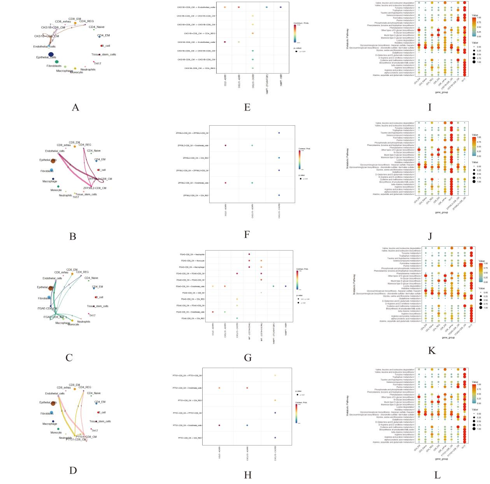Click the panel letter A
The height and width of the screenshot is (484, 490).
[75, 108]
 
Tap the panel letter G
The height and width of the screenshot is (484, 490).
[248, 358]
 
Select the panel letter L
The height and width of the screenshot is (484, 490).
[437, 475]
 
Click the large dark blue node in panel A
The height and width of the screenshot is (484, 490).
[51, 54]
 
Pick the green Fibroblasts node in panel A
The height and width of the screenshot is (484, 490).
[57, 62]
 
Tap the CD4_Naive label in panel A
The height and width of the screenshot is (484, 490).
[96, 27]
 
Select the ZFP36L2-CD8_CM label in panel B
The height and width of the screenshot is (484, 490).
[94, 188]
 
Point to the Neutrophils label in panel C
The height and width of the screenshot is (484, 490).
[84, 322]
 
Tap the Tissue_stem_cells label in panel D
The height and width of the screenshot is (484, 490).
[100, 421]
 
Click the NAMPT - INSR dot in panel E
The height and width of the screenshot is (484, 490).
[280, 7]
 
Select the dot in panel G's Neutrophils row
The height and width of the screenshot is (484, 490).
[249, 254]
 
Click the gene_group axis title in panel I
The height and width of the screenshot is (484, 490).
[441, 92]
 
